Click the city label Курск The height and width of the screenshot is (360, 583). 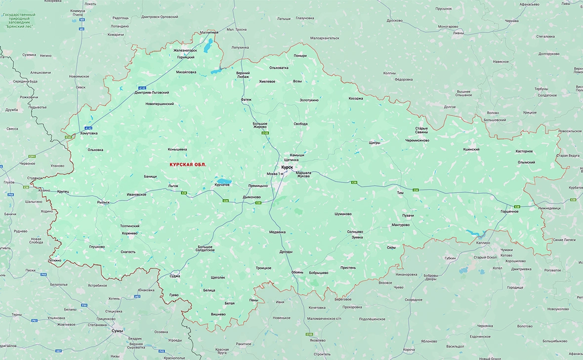coord(287,167)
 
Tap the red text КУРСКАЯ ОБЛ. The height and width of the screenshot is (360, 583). coord(188,164)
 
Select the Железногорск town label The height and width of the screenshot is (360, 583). coord(185,50)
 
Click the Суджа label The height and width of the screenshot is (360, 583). coord(175,276)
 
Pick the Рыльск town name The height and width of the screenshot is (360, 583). coord(103,202)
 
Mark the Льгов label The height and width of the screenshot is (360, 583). coord(173,186)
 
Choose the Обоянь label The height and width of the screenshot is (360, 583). coord(297,272)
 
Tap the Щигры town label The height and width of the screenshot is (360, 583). coord(375,142)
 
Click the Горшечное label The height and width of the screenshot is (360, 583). coord(509,211)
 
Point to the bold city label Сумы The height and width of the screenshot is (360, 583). coord(117,331)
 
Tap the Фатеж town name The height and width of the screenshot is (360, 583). coord(246,99)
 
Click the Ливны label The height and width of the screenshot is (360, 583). coord(458,33)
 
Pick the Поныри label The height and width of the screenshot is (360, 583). coord(300,56)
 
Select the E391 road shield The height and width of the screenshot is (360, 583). coord(32,157)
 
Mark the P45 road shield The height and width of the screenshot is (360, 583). coord(162,351)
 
